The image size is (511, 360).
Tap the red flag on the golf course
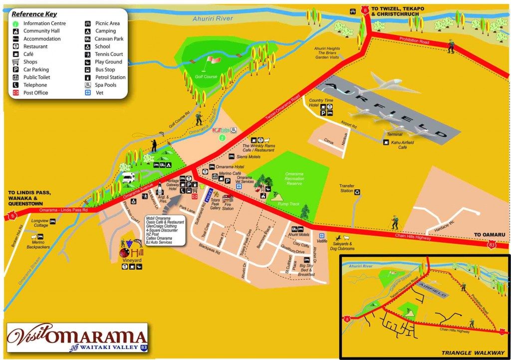pyautogui.click(x=214, y=59)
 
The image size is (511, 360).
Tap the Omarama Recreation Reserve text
pyautogui.click(x=294, y=178)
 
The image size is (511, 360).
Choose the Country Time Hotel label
pyautogui.click(x=321, y=103)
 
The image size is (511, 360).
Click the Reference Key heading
pyautogui.click(x=34, y=14)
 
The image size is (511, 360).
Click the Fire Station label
pyautogui.click(x=228, y=206)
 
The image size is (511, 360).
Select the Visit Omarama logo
pyautogui.click(x=77, y=337)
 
